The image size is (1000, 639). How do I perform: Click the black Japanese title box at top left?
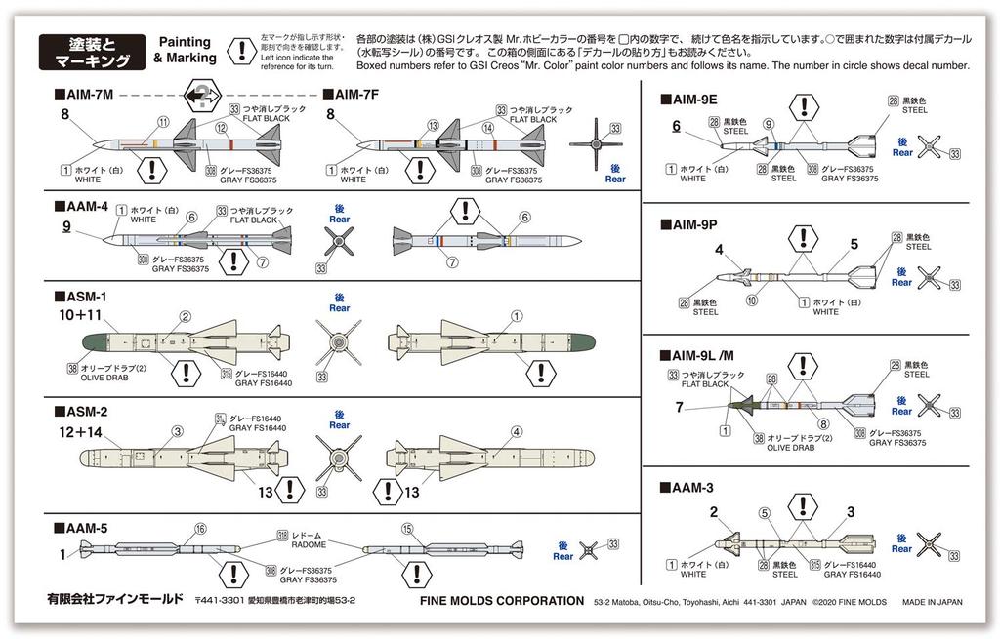(x=88, y=51)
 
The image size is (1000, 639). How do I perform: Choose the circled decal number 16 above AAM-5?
(x=200, y=529)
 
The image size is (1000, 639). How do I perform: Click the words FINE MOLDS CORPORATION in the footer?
(x=501, y=601)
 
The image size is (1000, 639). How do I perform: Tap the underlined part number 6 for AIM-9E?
(x=675, y=126)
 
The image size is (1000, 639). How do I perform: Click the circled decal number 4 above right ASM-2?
(x=517, y=432)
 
